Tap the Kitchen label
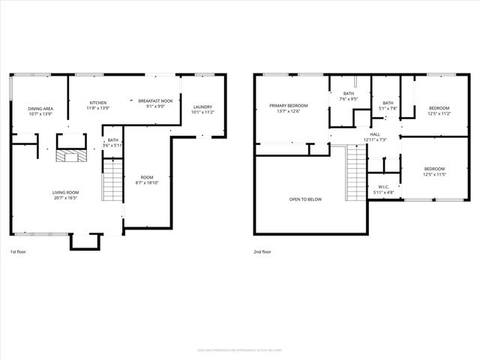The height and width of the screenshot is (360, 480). click(98, 103)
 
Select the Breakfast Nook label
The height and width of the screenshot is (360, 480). click(155, 101)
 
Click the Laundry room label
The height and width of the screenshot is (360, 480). click(203, 107)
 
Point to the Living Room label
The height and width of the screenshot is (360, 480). click(66, 192)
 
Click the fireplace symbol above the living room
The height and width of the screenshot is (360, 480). click(70, 156)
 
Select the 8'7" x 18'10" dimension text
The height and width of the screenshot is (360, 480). click(148, 182)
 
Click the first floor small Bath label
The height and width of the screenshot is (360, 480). click(112, 139)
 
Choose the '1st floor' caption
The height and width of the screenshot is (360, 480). click(19, 252)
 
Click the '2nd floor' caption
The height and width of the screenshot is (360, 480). click(262, 252)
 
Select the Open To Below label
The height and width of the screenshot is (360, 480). click(305, 199)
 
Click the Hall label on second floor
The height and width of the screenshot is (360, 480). click(375, 134)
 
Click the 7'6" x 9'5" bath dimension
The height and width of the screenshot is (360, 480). click(349, 98)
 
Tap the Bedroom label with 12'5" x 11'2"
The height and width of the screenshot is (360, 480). click(439, 108)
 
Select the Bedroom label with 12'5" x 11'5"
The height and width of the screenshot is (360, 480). click(434, 169)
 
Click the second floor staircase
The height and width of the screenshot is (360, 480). click(355, 173)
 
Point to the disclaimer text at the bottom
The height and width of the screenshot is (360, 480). click(240, 349)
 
